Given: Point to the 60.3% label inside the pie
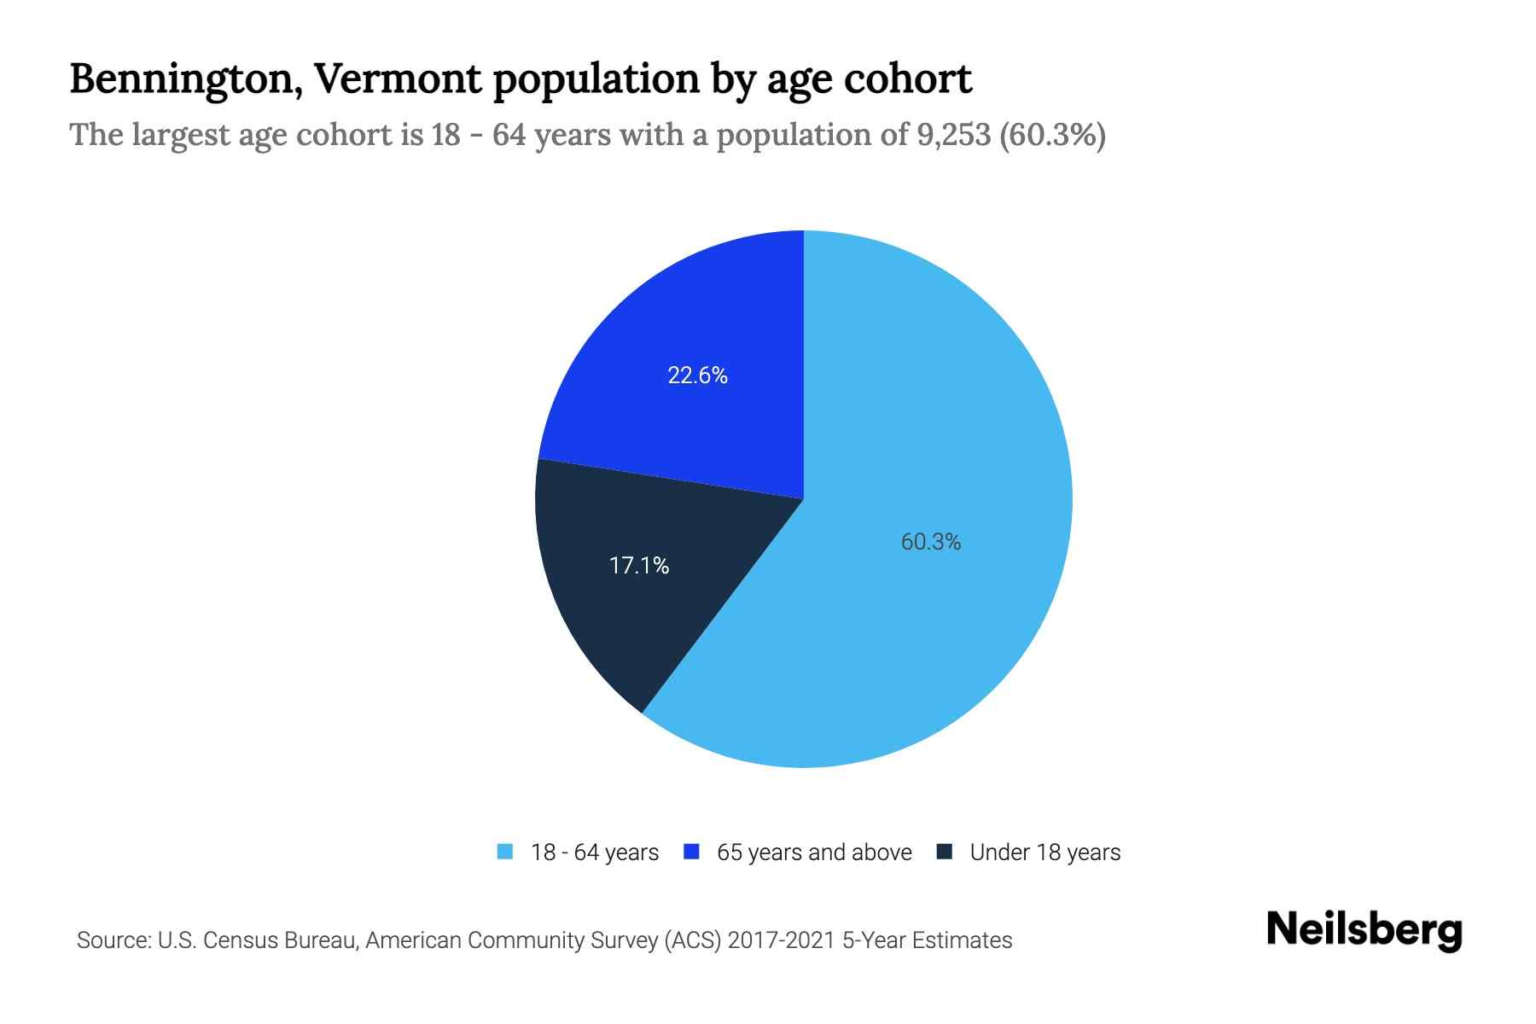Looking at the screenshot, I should (x=931, y=542).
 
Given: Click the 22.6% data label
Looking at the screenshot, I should (x=697, y=375).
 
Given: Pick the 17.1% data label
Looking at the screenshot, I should (x=639, y=565).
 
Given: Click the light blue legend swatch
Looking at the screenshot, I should (x=505, y=852).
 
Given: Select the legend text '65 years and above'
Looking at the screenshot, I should (x=814, y=852).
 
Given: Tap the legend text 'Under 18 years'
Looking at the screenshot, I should (x=1044, y=852).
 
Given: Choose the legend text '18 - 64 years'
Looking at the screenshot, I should (x=595, y=852).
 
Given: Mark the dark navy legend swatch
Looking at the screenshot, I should (x=944, y=852).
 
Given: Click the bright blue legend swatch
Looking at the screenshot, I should (x=691, y=852).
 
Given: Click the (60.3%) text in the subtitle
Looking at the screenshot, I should (x=1051, y=135).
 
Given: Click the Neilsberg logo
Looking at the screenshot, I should (x=1364, y=929).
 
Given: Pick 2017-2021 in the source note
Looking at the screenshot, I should (x=781, y=940).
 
